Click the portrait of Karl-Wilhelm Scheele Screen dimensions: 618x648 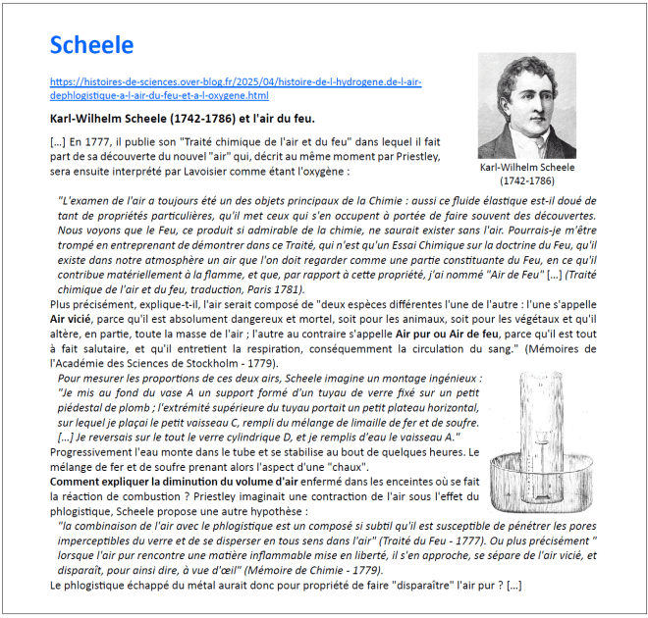click(526, 106)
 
